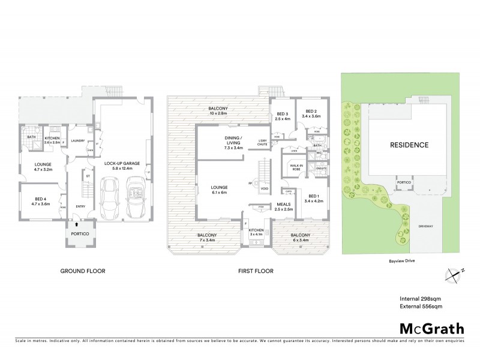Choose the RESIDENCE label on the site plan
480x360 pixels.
coord(410,145)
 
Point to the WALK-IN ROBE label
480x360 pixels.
coord(296,168)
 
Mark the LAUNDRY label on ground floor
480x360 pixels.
coord(77,142)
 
